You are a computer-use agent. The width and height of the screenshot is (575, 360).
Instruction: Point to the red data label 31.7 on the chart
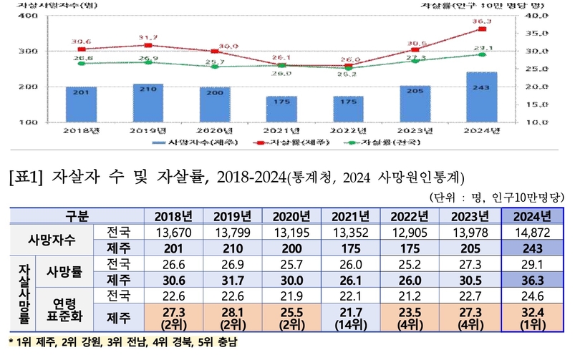(x=148, y=37)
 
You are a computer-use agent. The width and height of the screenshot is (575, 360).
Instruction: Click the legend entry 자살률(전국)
(x=383, y=143)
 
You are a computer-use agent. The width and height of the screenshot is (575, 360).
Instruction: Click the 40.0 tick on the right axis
(x=536, y=15)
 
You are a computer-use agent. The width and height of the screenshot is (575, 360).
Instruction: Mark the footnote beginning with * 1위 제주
(x=122, y=343)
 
